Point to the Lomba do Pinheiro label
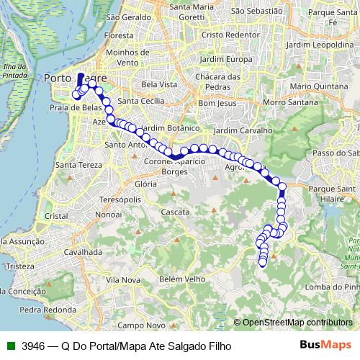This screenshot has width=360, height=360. [x=332, y=287]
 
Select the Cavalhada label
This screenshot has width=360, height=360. [x=82, y=253]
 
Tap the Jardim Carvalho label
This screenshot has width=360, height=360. [x=243, y=131]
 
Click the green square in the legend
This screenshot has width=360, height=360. [x=10, y=346]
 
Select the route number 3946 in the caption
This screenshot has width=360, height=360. [x=34, y=346]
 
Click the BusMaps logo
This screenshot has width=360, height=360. [x=326, y=345]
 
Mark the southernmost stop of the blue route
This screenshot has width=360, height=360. [x=263, y=262]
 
